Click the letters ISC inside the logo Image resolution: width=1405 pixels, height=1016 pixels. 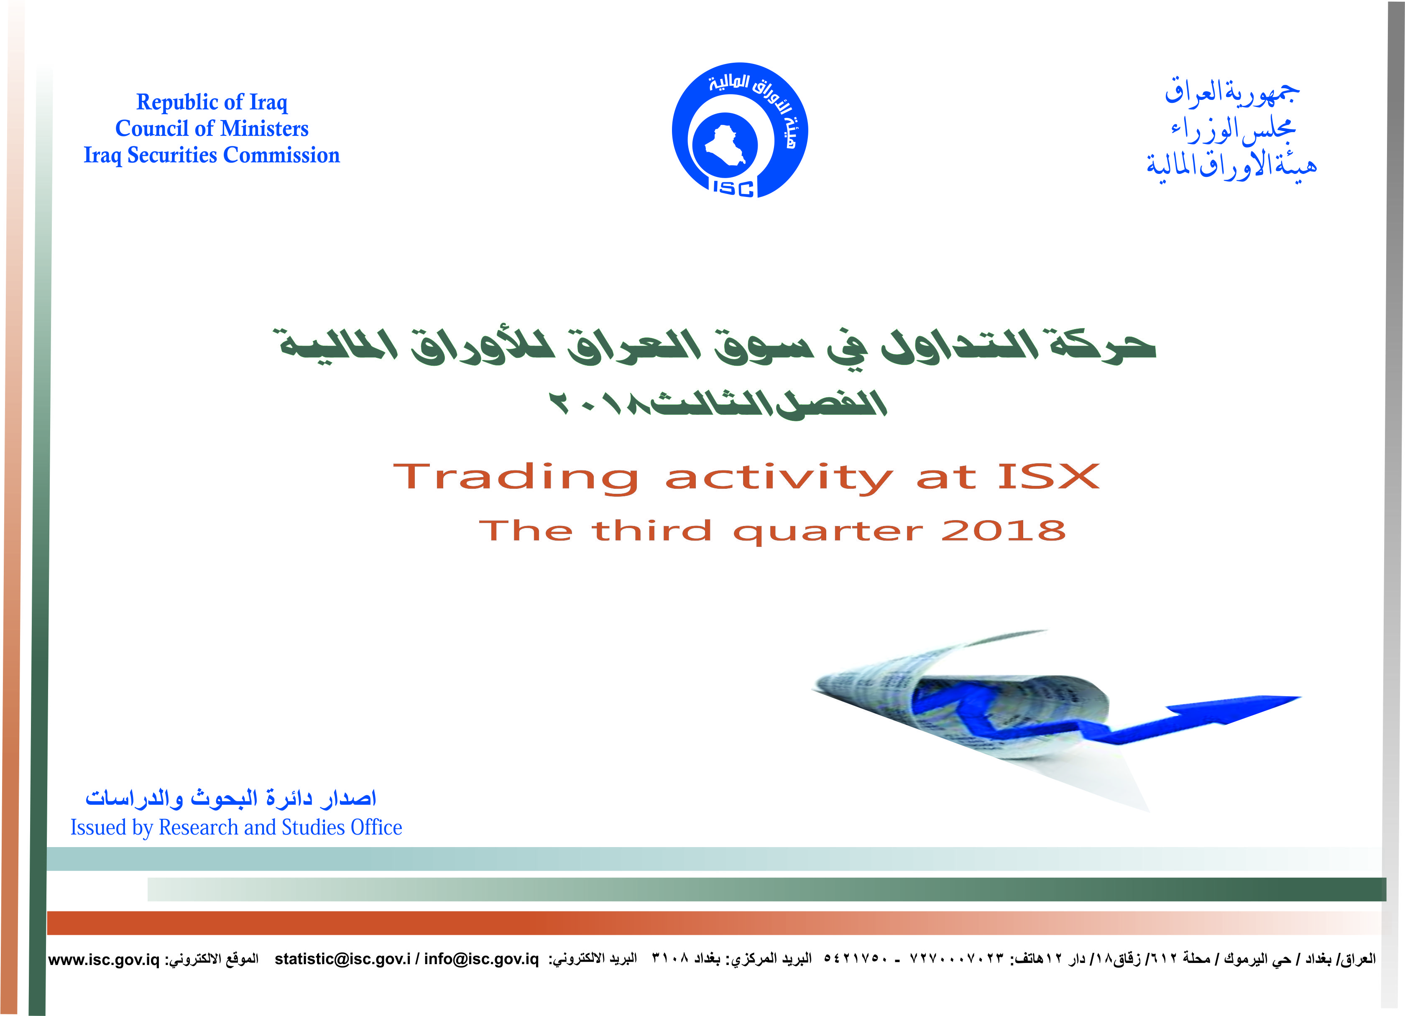pyautogui.click(x=733, y=188)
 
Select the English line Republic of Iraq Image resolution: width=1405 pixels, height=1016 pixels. pyautogui.click(x=212, y=102)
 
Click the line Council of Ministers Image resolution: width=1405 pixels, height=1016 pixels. pyautogui.click(x=212, y=128)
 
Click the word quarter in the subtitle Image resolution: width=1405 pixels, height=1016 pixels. pyautogui.click(x=828, y=532)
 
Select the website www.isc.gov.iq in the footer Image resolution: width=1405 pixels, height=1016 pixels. pyautogui.click(x=104, y=960)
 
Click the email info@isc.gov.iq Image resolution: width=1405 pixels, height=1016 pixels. pyautogui.click(x=481, y=959)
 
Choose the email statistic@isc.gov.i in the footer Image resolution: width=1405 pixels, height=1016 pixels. pyautogui.click(x=342, y=959)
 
